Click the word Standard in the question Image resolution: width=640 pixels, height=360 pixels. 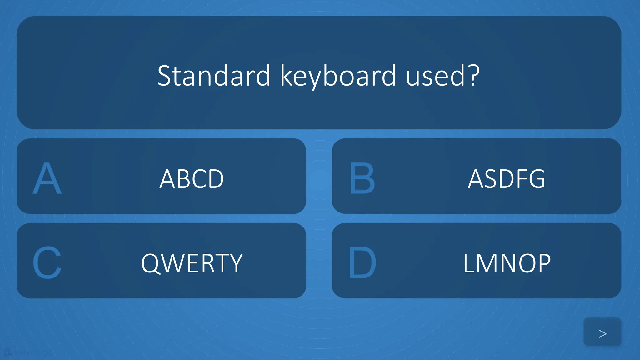point(214,76)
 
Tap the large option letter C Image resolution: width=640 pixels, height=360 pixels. point(47,262)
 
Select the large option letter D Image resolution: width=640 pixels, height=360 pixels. point(362,262)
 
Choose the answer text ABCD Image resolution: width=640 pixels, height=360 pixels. point(192,179)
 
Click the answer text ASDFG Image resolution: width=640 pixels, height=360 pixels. point(507,179)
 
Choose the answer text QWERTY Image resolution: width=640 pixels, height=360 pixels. point(192,263)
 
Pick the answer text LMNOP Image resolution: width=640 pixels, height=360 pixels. point(507,263)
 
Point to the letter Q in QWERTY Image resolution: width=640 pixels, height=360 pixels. point(151,263)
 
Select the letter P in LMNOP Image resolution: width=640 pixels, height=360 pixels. point(543,263)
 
